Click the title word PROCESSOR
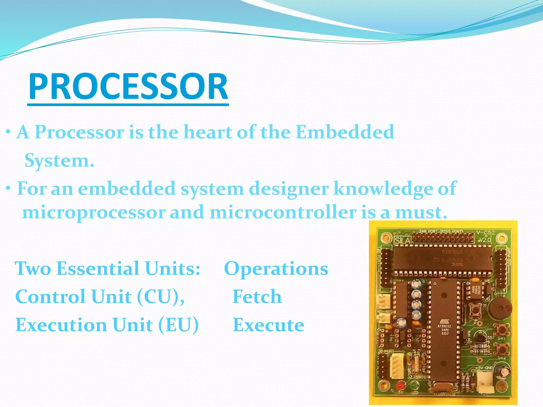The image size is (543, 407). (128, 87)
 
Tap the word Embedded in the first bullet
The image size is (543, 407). (345, 132)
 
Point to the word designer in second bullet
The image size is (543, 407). (289, 189)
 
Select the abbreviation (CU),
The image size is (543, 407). (161, 297)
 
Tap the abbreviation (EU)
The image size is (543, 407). (178, 325)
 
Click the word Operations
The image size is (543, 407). (276, 269)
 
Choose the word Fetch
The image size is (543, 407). (257, 297)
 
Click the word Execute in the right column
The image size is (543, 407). (268, 325)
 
